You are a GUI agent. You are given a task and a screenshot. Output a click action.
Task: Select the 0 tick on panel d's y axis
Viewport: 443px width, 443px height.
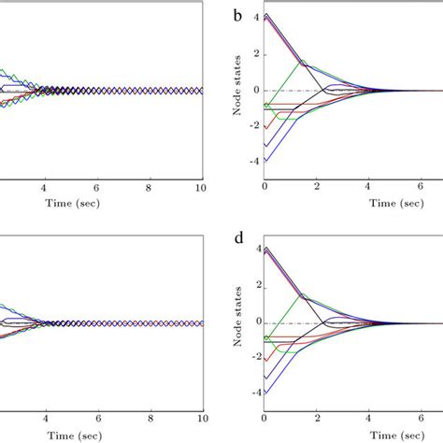(254, 323)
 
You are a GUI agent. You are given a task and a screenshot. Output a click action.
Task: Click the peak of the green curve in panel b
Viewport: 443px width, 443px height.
(302, 62)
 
